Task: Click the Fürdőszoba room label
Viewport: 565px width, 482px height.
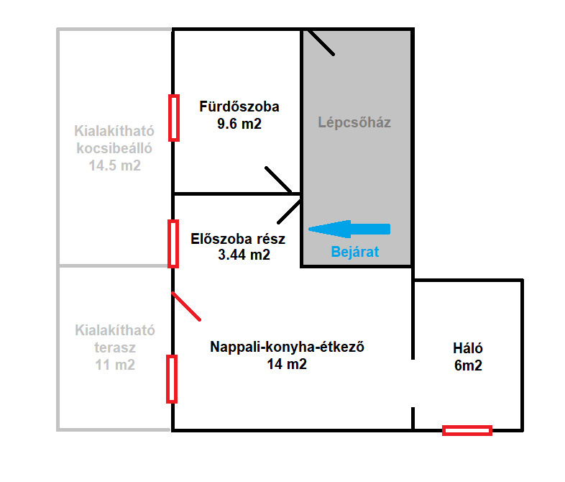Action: (239, 107)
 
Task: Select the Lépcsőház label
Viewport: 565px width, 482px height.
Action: (354, 122)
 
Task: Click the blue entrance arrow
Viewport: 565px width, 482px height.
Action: (349, 229)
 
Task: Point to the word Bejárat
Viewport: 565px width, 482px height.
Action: (354, 253)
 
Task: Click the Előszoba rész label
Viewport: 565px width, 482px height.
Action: (238, 239)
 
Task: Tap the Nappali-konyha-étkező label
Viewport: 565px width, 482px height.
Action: (288, 347)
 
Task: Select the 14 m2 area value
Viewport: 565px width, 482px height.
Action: (287, 364)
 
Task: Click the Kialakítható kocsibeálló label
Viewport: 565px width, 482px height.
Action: (115, 140)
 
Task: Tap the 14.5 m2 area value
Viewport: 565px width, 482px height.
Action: (115, 165)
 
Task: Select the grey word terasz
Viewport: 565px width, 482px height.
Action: (115, 347)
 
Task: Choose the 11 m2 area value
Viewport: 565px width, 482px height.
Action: (115, 365)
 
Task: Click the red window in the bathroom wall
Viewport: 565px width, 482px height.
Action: (173, 118)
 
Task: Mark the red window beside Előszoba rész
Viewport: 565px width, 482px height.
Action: (173, 243)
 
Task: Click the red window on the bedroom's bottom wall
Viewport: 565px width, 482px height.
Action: (467, 430)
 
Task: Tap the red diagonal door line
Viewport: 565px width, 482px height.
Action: (186, 306)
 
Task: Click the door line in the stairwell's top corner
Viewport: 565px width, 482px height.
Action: (320, 42)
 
